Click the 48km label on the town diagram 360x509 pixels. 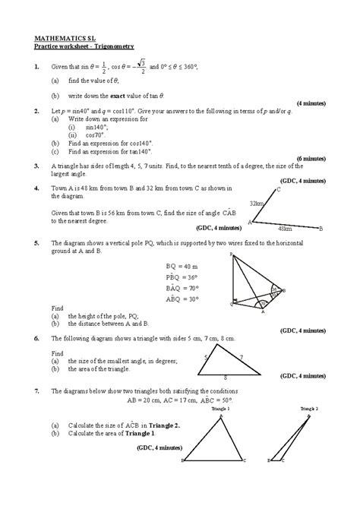285,228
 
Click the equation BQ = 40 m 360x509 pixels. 182,267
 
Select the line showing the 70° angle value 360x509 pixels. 182,288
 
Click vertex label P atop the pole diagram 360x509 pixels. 231,256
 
